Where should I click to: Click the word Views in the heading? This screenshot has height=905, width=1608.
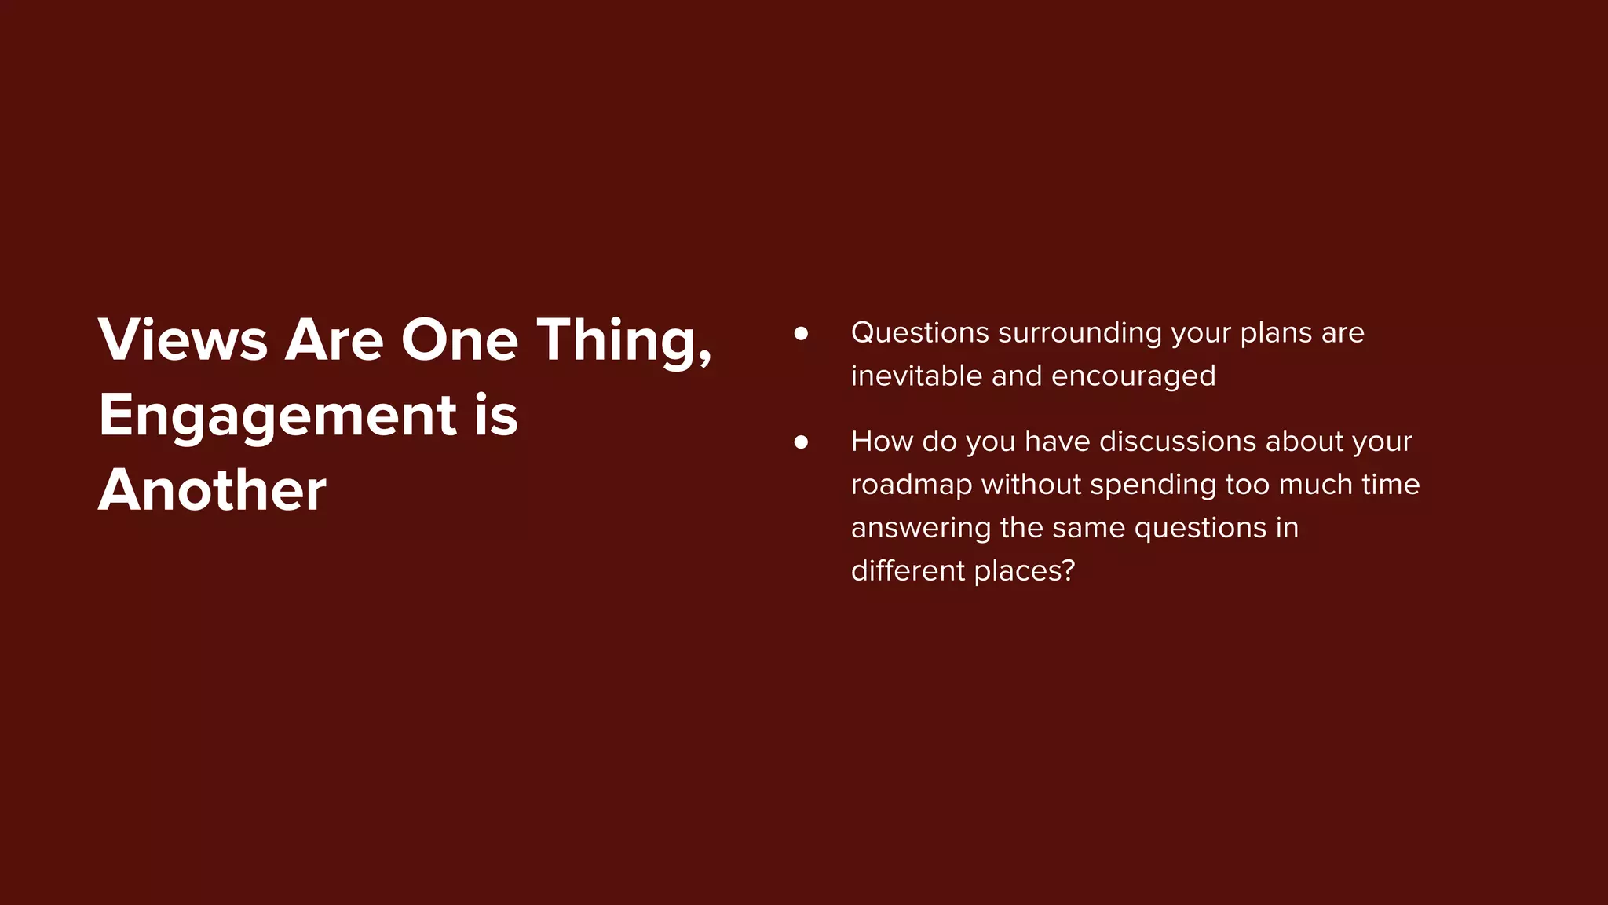[x=183, y=340]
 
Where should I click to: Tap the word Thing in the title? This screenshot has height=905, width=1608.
[x=616, y=340]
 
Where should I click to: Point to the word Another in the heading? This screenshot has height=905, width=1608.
[x=212, y=490]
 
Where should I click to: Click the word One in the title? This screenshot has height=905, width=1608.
[x=460, y=340]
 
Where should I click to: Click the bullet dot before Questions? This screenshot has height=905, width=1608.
[x=801, y=333]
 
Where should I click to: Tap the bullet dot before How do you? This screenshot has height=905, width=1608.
[x=801, y=442]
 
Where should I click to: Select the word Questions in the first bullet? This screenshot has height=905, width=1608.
[x=919, y=333]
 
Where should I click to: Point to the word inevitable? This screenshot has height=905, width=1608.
[x=916, y=376]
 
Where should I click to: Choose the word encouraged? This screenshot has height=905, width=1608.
[x=1133, y=376]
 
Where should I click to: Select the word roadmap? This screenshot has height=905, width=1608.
[x=912, y=485]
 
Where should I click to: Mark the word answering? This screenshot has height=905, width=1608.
[x=920, y=528]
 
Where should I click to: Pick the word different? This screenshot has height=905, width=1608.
[x=908, y=571]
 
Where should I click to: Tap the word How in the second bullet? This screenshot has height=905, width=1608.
[x=882, y=442]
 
